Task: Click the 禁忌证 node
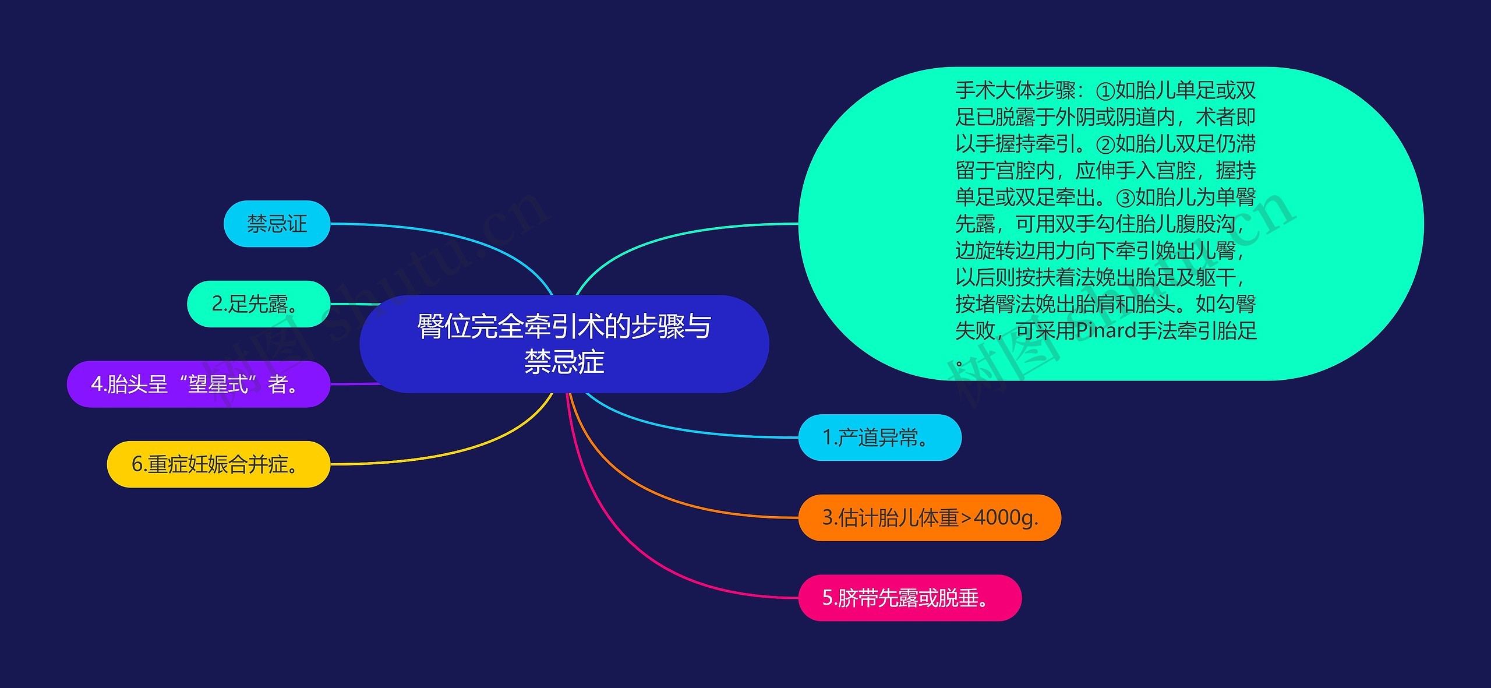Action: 277,224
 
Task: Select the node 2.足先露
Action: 258,304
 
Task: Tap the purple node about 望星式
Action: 198,384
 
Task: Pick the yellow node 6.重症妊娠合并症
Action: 218,464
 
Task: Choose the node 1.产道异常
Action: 879,438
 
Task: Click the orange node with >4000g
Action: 929,518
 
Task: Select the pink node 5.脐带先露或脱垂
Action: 909,598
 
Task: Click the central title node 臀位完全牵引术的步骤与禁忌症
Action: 564,344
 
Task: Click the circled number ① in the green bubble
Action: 1105,91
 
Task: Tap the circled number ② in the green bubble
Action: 1105,144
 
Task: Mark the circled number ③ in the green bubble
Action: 1125,198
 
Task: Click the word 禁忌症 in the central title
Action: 564,362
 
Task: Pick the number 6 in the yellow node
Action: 137,464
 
